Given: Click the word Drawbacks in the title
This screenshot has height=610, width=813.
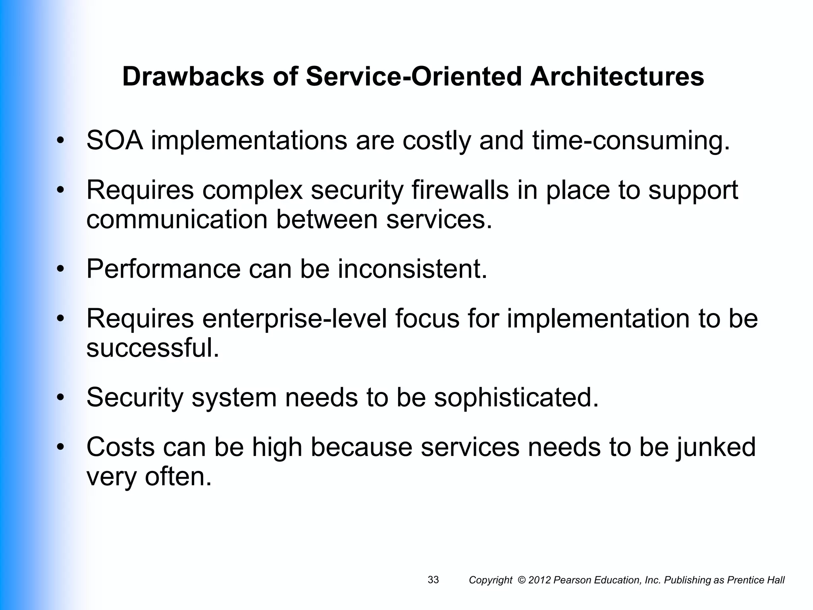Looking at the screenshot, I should coord(193,76).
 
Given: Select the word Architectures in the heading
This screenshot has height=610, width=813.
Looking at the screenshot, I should coord(617,76).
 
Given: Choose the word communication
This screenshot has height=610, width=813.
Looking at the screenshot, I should coord(177,219).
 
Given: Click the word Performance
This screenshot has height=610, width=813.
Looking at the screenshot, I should coord(163,269).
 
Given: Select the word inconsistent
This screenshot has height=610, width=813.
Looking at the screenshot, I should coord(412,269).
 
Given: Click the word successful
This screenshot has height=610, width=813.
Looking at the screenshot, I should coord(152,348).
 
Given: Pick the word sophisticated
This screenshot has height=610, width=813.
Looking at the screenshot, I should coord(516,397).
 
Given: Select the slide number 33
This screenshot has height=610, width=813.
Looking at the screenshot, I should coord(433,580).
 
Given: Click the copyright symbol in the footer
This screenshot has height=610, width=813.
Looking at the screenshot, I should coord(522,580).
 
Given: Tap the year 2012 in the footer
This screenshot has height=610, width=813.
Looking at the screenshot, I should coord(540,580).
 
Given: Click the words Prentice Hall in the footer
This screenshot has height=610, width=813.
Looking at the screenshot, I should coord(755,580).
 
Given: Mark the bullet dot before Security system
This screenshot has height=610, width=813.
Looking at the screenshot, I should coord(60,398).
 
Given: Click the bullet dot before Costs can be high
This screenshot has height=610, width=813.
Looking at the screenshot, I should coord(60,447).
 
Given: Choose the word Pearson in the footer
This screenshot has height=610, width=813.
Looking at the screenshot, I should coord(570,580).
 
